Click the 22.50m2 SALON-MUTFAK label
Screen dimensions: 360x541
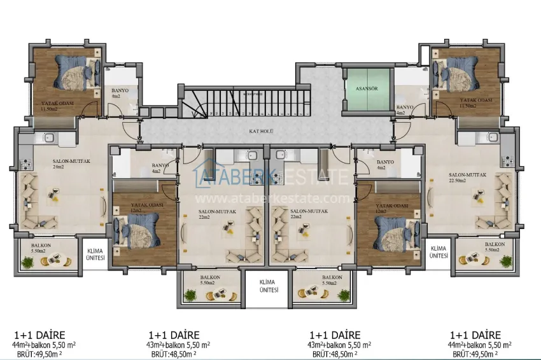[467, 177]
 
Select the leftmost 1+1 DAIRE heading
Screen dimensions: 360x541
[39, 335]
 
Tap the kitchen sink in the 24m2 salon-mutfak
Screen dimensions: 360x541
[46, 138]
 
